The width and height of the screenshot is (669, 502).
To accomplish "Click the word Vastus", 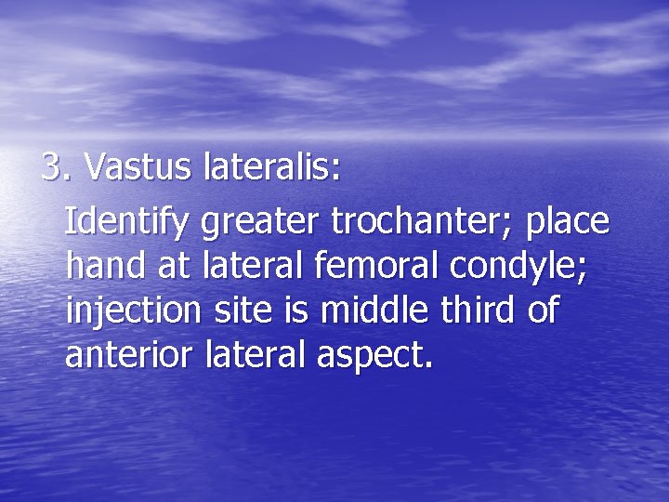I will pyautogui.click(x=138, y=168).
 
